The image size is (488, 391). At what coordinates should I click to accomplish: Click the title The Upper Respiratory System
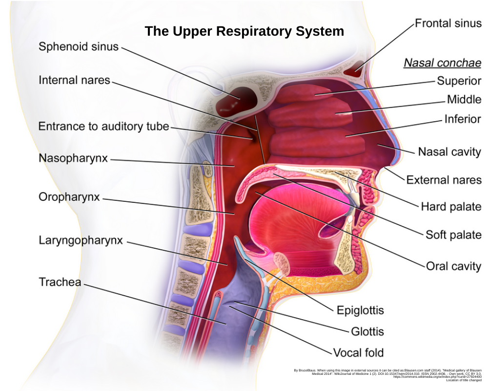pyautogui.click(x=244, y=31)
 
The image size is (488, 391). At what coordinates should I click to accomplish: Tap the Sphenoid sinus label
pyautogui.click(x=79, y=47)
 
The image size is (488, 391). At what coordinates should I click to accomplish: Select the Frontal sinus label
pyautogui.click(x=447, y=23)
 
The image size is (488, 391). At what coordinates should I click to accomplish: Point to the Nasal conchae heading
pyautogui.click(x=442, y=63)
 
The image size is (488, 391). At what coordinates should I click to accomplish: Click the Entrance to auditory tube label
pyautogui.click(x=103, y=127)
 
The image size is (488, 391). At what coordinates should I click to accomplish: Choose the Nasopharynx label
pyautogui.click(x=73, y=158)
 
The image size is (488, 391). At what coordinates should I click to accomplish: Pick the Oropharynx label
pyautogui.click(x=69, y=197)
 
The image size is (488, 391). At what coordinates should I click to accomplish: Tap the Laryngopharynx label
pyautogui.click(x=81, y=240)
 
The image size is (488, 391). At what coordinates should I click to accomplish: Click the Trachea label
pyautogui.click(x=60, y=282)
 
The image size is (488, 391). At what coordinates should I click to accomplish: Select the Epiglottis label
pyautogui.click(x=360, y=310)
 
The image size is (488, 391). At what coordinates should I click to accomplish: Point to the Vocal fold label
pyautogui.click(x=358, y=352)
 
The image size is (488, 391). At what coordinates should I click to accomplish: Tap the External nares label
pyautogui.click(x=444, y=180)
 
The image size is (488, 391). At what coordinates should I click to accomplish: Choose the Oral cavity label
pyautogui.click(x=453, y=266)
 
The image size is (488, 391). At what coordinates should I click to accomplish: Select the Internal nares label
pyautogui.click(x=75, y=80)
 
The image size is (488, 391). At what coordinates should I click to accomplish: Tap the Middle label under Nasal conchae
pyautogui.click(x=464, y=100)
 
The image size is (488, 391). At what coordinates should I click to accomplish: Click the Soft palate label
pyautogui.click(x=453, y=235)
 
